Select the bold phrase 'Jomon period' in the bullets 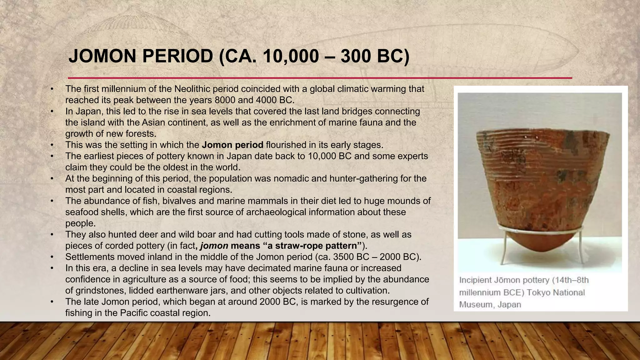(232, 145)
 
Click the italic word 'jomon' (214, 246)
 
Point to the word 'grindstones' (100, 291)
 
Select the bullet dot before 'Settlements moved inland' (52, 257)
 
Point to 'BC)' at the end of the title (393, 57)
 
